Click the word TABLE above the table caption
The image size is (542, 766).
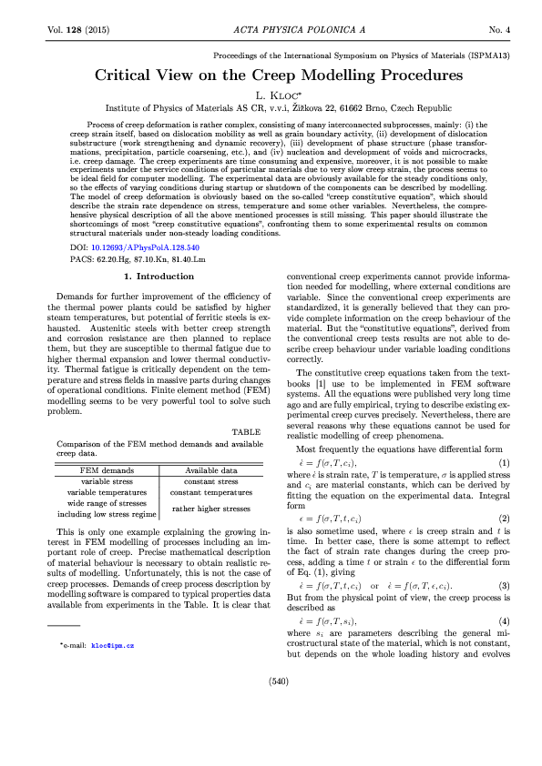coord(245,432)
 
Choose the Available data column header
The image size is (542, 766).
coord(210,470)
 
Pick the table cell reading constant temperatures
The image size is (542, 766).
coord(210,492)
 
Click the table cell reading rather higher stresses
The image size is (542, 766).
coord(210,509)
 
